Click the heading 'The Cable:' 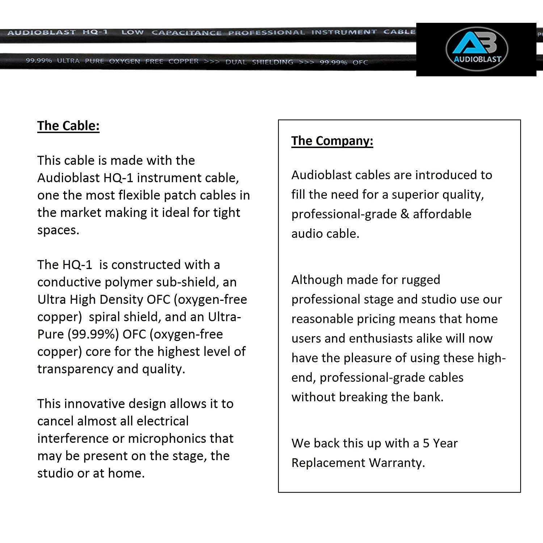(x=68, y=126)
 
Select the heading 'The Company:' (x=332, y=140)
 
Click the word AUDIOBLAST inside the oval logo (x=477, y=59)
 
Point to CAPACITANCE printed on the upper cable (x=186, y=33)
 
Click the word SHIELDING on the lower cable (x=272, y=62)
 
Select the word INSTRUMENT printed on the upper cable (x=344, y=32)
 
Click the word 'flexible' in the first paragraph (x=139, y=195)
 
